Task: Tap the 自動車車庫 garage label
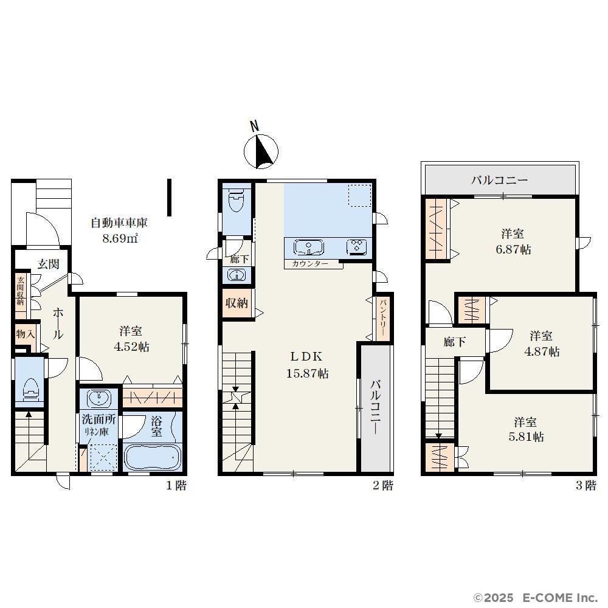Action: coord(119,223)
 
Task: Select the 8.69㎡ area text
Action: coord(120,238)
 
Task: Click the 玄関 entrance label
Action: coord(49,264)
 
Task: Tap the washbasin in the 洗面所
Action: coord(98,398)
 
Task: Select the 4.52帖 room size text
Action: coord(131,347)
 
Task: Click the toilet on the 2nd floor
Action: coord(237,199)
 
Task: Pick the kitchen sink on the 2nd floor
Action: coord(309,247)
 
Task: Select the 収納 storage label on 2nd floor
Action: coord(237,303)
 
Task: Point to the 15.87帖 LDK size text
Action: coord(308,373)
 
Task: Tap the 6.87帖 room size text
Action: coord(513,249)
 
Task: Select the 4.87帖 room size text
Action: coord(542,351)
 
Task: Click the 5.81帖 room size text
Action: coord(526,437)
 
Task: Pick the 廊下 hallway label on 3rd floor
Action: coord(454,342)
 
